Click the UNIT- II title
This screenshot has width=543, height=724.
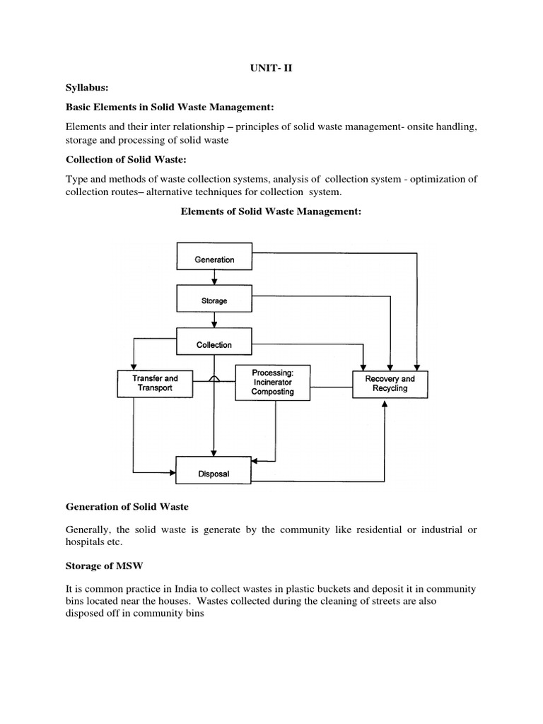[271, 69]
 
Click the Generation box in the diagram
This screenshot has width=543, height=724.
[214, 259]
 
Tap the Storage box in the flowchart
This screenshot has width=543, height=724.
[214, 300]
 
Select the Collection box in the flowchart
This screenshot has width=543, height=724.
[214, 344]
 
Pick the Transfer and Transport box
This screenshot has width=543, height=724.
[156, 383]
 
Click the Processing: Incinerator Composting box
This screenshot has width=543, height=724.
[272, 383]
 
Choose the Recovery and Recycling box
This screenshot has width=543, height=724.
[390, 384]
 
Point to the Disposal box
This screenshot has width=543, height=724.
[214, 474]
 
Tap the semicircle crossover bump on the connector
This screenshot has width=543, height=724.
[214, 380]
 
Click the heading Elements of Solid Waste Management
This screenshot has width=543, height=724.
[271, 210]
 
